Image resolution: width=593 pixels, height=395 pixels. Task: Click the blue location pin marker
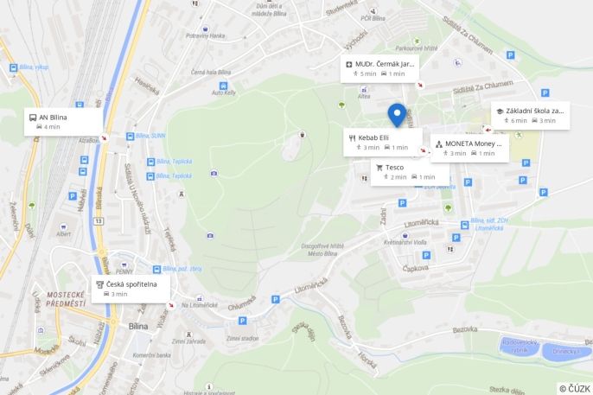click(x=397, y=115)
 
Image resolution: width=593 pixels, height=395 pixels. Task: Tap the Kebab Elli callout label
click(x=382, y=142)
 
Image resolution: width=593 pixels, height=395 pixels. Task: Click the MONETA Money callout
click(x=469, y=148)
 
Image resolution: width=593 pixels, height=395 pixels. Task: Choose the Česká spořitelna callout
click(x=131, y=288)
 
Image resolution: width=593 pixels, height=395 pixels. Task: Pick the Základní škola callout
click(x=530, y=115)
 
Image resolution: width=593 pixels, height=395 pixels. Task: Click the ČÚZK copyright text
click(x=575, y=388)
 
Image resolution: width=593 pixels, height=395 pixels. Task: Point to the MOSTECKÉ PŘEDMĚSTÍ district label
click(x=66, y=300)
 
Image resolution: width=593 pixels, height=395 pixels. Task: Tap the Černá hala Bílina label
click(x=211, y=72)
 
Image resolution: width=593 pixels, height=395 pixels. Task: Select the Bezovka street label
click(x=465, y=328)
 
